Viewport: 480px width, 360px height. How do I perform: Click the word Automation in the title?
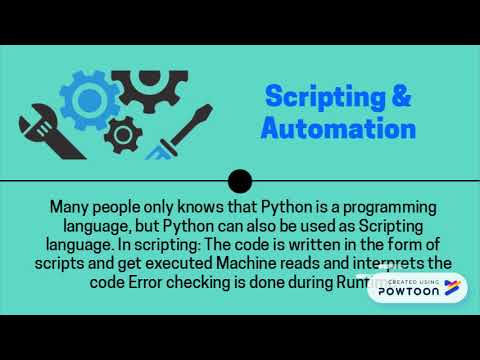tap(338, 129)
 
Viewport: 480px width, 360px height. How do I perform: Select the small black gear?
tap(123, 133)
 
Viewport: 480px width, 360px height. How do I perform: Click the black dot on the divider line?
tap(240, 181)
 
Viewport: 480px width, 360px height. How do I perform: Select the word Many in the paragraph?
tap(72, 208)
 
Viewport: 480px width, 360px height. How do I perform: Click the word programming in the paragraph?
tap(389, 208)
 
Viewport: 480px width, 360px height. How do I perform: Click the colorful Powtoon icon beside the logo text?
tap(453, 288)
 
